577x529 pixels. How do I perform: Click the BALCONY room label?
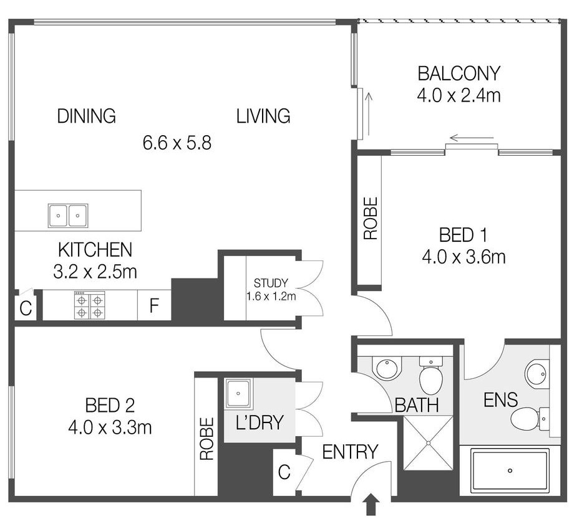pos(459,73)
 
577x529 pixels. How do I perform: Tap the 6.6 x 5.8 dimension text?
pos(177,143)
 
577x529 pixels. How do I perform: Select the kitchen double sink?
pos(68,216)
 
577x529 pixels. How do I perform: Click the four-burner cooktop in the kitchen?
pos(90,305)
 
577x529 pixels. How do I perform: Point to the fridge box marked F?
pos(154,305)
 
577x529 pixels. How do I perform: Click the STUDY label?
pos(271,283)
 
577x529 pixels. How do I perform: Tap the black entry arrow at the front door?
pos(371,505)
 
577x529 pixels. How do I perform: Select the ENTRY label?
pos(350,452)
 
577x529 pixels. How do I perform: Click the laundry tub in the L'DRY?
pos(238,394)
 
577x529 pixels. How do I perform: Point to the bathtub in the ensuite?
pos(510,471)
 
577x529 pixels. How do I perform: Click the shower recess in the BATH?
pos(429,444)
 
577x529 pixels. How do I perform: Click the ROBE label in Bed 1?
pos(371,218)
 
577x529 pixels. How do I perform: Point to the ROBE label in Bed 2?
pos(207,439)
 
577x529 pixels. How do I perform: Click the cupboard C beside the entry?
pos(284,472)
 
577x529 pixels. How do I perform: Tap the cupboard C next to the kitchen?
pos(26,308)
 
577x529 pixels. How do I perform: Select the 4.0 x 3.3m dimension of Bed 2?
pos(110,427)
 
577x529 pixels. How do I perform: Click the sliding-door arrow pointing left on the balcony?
pos(472,138)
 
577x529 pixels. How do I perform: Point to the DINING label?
pos(87,116)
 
